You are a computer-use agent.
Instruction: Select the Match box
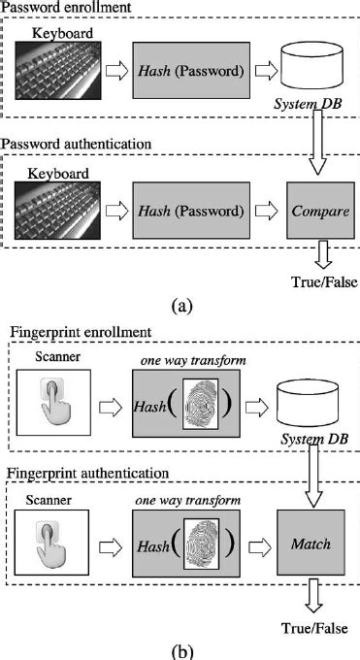click(x=319, y=543)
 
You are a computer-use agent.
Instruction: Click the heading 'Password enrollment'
click(x=65, y=9)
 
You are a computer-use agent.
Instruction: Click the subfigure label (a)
click(x=180, y=305)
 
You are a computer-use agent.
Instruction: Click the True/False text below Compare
click(x=320, y=282)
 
